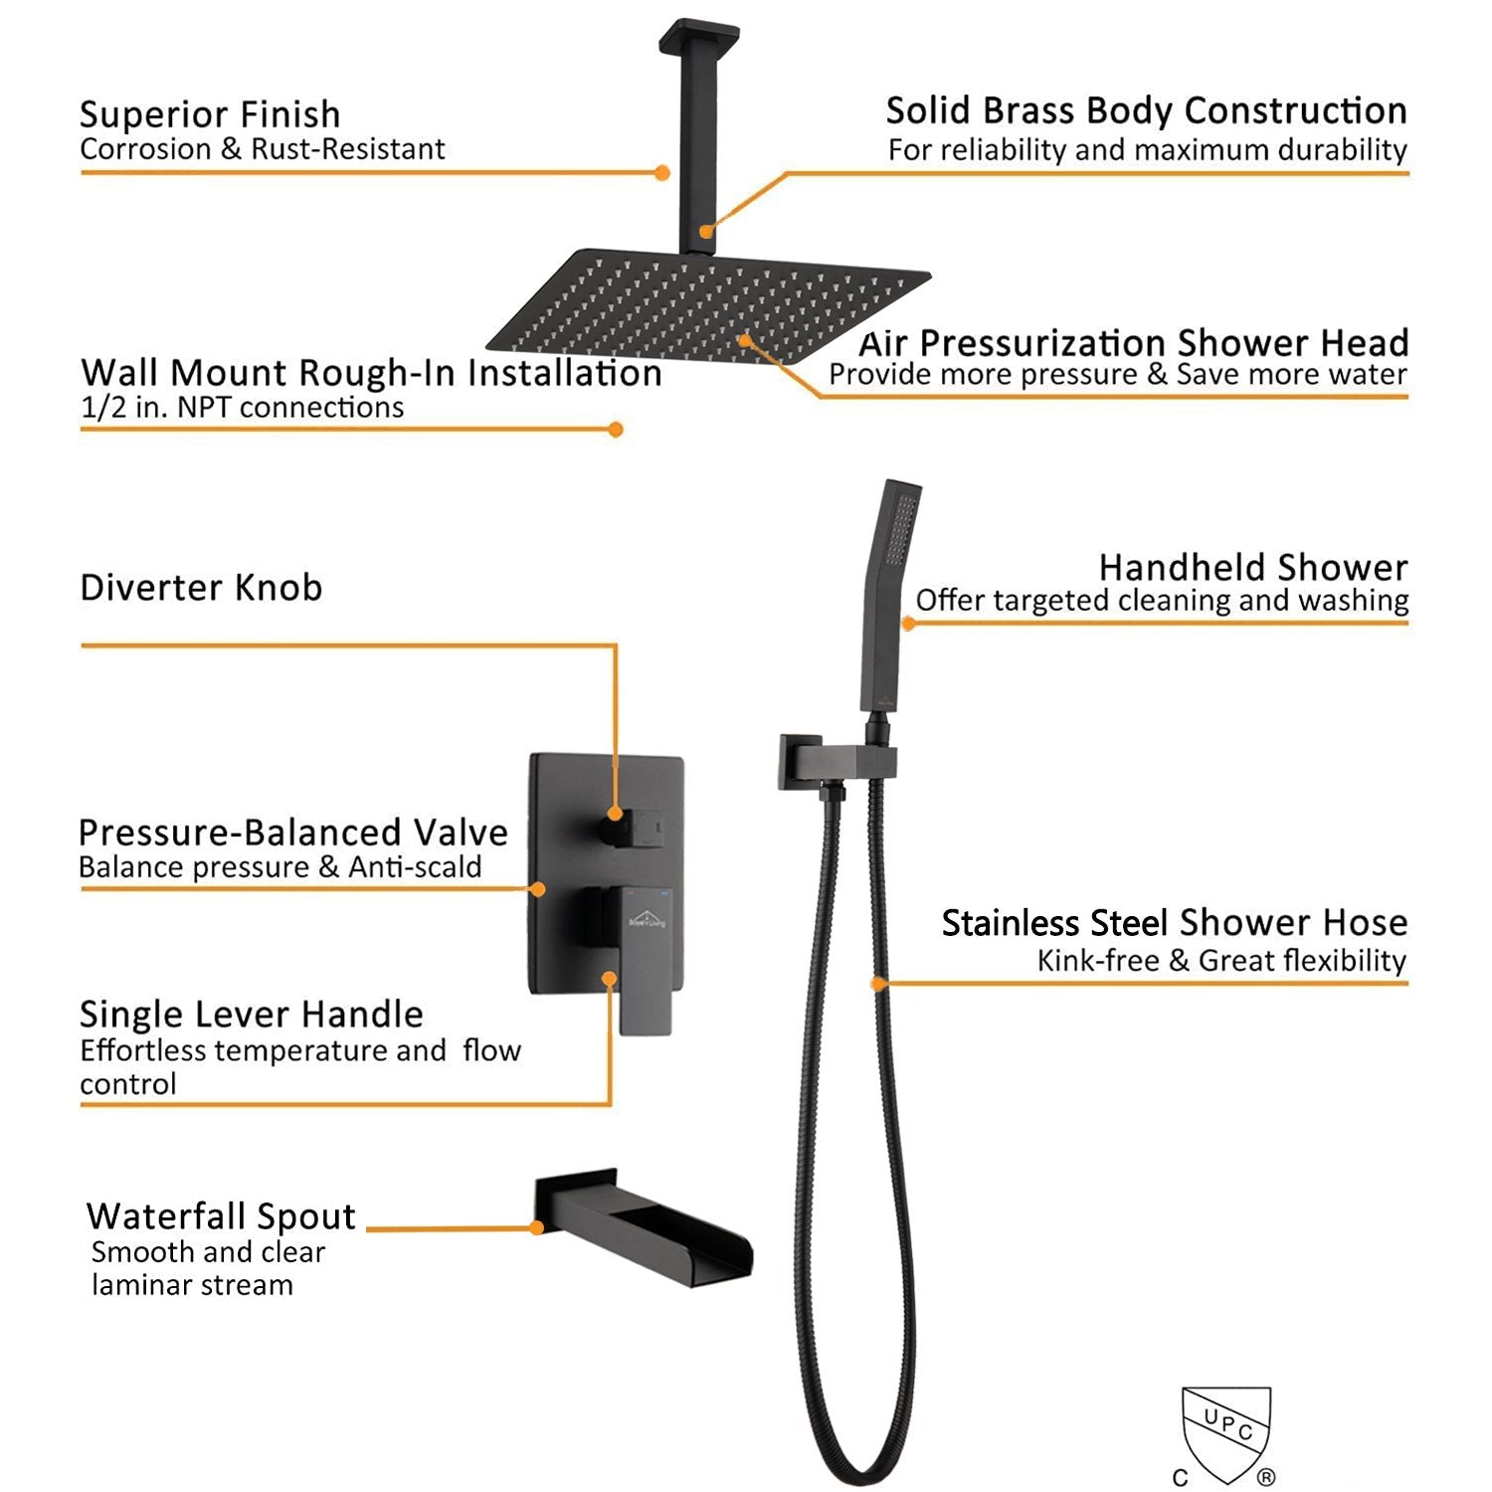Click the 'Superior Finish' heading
click(x=210, y=114)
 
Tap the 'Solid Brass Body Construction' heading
click(x=1147, y=110)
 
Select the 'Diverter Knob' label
click(x=201, y=587)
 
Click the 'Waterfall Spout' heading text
click(x=221, y=1215)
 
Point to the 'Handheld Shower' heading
click(x=1253, y=567)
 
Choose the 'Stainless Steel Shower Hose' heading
click(x=1175, y=923)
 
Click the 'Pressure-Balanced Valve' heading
click(x=293, y=832)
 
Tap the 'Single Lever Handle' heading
click(x=252, y=1014)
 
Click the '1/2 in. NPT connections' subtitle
click(x=242, y=407)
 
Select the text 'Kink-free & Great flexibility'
click(x=1221, y=960)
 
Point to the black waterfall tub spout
click(x=644, y=1228)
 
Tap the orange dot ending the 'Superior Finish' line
click(x=662, y=173)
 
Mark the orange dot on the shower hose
click(x=877, y=984)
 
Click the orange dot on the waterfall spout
click(x=537, y=1227)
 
